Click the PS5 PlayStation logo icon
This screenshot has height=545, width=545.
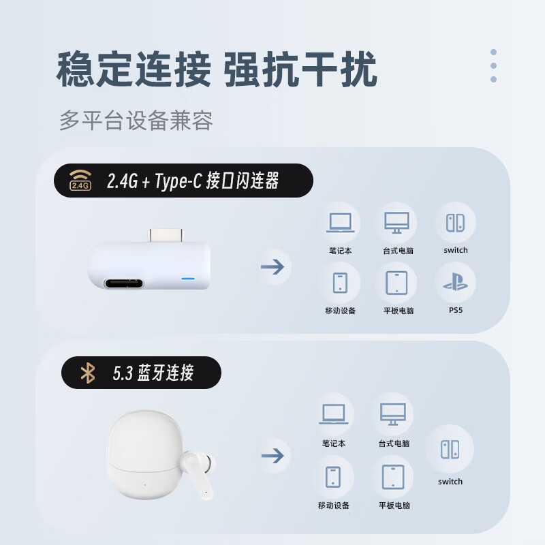click(455, 283)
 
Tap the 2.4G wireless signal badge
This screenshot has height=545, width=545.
click(80, 181)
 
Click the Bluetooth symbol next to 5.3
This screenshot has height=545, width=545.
click(88, 373)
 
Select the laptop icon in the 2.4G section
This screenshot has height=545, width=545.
click(340, 222)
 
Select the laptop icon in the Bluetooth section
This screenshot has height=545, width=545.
click(334, 414)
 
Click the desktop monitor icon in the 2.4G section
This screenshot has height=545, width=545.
click(397, 222)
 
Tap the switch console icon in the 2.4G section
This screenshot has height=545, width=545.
click(455, 222)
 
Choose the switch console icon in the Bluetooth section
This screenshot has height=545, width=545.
click(450, 449)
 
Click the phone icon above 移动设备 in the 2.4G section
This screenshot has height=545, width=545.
click(340, 283)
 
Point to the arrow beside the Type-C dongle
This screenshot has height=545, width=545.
click(272, 266)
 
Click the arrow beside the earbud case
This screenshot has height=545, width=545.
click(272, 455)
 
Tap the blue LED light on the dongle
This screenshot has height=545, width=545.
click(187, 279)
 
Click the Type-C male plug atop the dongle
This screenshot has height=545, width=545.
click(167, 235)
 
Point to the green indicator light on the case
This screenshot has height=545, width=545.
click(146, 485)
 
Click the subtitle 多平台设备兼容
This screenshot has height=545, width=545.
click(136, 121)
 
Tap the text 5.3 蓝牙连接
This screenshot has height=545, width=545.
click(153, 373)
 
